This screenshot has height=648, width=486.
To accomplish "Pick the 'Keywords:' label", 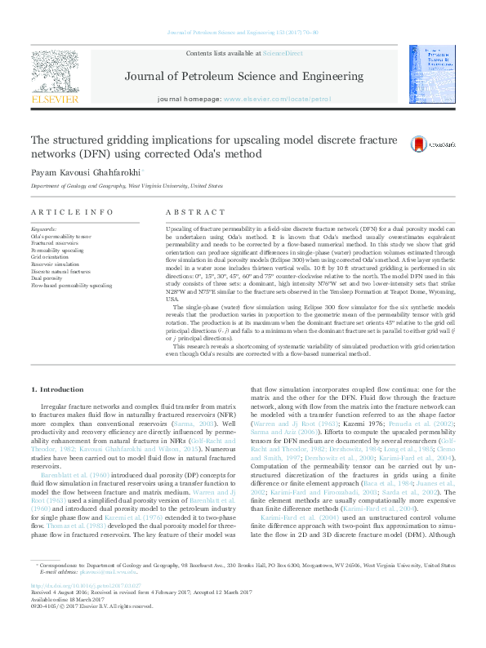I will coord(44,229).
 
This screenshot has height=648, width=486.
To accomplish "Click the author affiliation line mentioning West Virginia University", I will coord(126,186).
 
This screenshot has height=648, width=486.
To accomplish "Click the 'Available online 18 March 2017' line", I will coord(69,622).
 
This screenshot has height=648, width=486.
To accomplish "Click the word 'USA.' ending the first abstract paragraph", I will coord(172,300).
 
